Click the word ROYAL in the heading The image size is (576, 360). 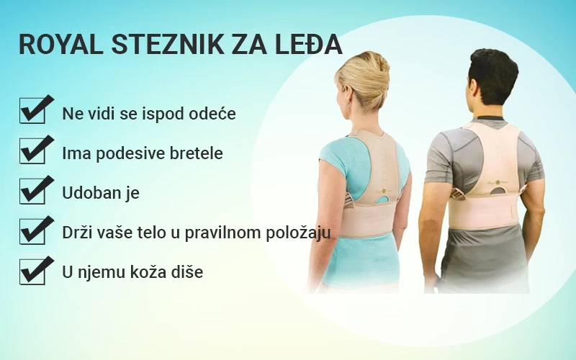[x=60, y=45]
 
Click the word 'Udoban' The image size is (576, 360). [x=91, y=193]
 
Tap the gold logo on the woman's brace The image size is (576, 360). [x=384, y=191]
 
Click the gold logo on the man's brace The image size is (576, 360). [x=498, y=182]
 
